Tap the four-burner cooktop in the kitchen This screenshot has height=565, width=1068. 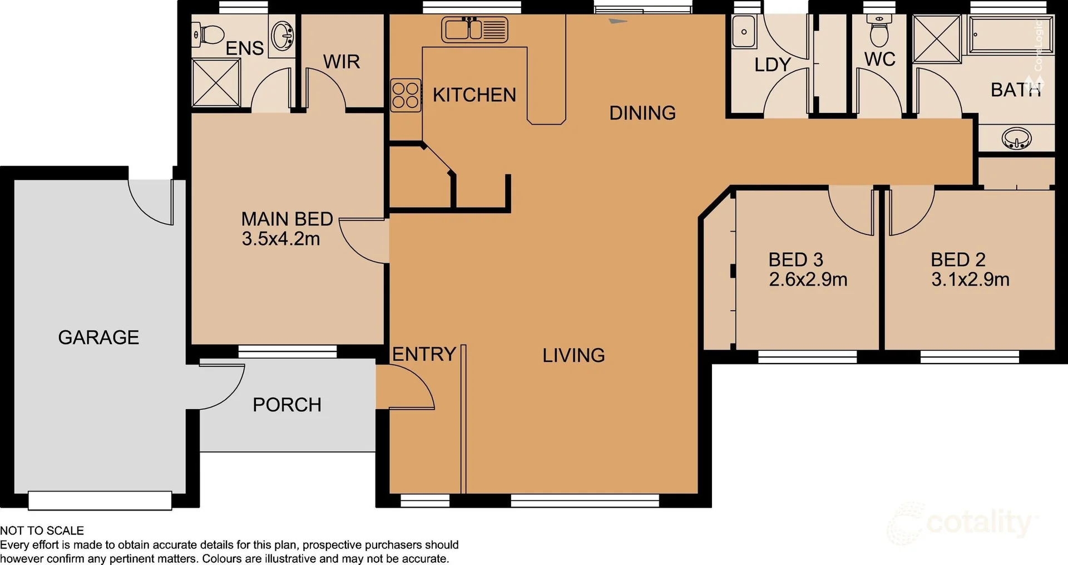[406, 96]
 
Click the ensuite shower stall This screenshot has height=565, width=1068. [216, 83]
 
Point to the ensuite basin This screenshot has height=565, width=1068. [283, 36]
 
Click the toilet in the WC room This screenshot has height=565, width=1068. [879, 32]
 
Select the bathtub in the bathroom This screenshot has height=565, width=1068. [1010, 35]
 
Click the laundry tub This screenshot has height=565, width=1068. [744, 32]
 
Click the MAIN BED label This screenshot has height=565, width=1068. [286, 219]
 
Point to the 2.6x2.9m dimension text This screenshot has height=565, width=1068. [808, 279]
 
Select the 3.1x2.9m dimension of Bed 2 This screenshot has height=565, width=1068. [970, 279]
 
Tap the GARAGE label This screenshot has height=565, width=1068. [98, 337]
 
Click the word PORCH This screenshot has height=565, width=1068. [287, 405]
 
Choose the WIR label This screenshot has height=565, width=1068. [342, 62]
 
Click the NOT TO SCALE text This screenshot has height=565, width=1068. [42, 530]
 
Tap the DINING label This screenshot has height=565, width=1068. [642, 113]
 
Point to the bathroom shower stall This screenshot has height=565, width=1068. [937, 39]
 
